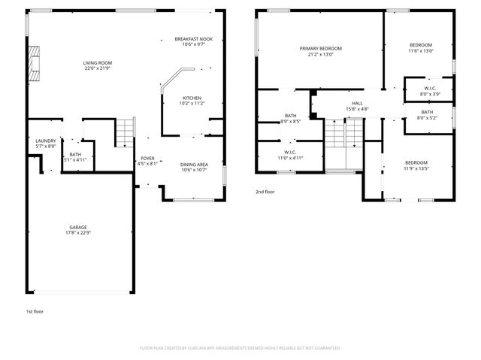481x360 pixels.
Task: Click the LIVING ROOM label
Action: point(98,63)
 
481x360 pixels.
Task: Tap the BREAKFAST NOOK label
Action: point(193,39)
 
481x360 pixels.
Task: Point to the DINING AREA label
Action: point(194,164)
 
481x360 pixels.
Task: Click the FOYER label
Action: point(147,158)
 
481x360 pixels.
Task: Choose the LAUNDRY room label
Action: point(46,141)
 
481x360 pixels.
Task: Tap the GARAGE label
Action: point(78,227)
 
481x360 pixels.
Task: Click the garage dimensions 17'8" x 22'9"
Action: point(78,233)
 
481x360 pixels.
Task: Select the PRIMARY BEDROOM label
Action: point(320,48)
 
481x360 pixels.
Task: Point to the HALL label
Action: point(357,103)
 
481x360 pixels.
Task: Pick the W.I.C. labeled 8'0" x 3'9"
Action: point(430,89)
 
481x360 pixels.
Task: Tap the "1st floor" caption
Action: point(35,310)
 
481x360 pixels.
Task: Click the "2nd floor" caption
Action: point(265,192)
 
